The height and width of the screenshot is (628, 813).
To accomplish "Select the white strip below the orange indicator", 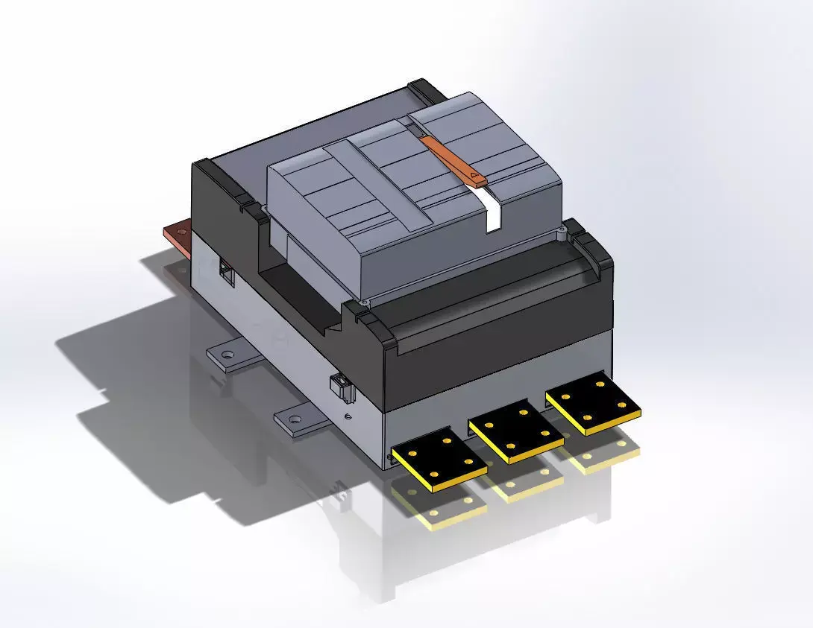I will click(492, 209).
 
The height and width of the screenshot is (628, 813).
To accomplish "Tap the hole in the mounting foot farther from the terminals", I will click(229, 355).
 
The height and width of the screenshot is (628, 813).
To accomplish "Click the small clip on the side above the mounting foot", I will click(338, 387).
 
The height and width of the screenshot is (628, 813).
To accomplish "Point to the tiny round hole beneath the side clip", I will click(348, 414).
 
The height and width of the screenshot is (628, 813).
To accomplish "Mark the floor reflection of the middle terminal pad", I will click(522, 488).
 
